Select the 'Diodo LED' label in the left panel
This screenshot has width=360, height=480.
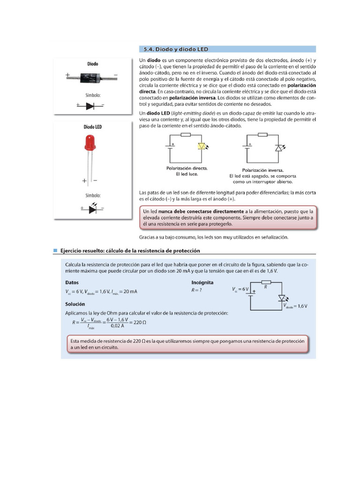(93, 127)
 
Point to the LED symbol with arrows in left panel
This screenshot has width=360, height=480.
(92, 208)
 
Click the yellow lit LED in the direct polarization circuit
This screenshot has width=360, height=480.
(202, 146)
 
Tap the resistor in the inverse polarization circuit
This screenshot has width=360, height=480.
(263, 135)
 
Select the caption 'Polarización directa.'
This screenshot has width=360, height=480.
(187, 168)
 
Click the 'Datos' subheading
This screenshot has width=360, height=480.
(72, 283)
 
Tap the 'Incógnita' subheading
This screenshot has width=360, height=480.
(202, 283)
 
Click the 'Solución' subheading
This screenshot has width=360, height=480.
(75, 304)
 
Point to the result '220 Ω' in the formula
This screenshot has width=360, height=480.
(137, 322)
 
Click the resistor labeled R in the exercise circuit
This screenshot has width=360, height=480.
(265, 282)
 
